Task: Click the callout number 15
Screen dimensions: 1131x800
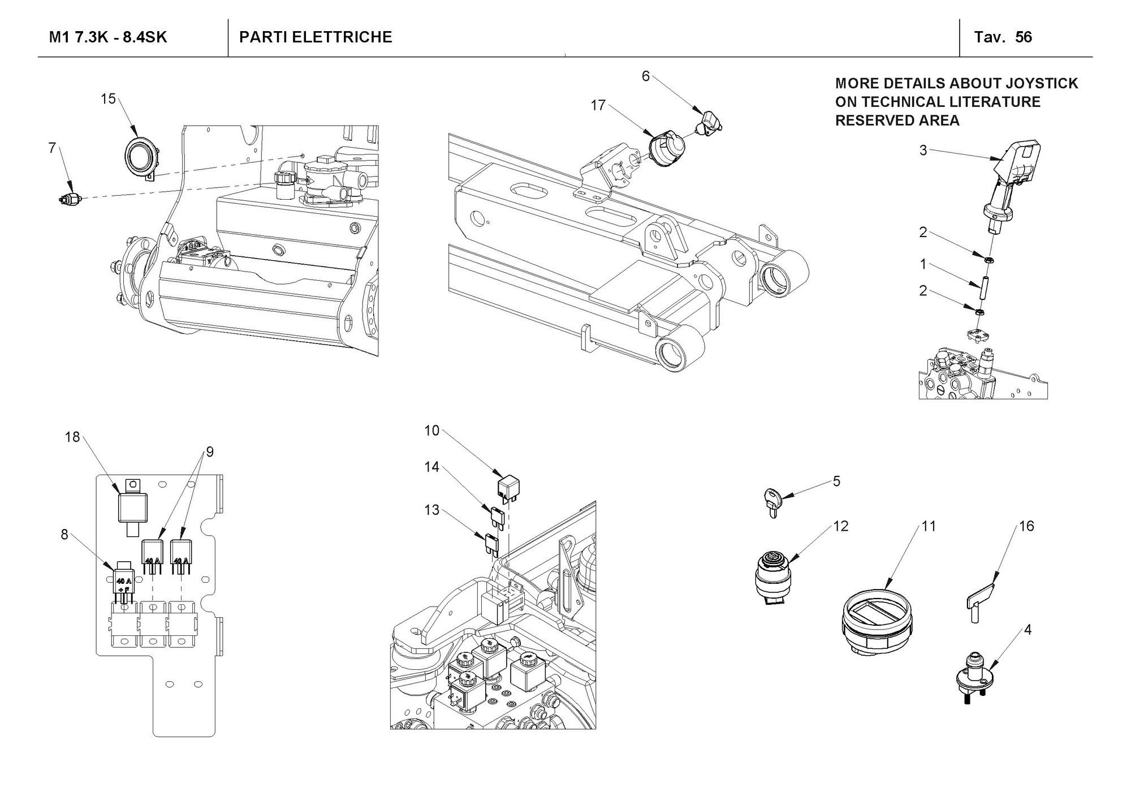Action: coord(108,99)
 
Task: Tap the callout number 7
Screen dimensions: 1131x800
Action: coord(52,148)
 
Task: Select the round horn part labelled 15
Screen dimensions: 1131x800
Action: coord(140,157)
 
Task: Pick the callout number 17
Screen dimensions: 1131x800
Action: coord(598,105)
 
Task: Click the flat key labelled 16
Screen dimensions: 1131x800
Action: coord(978,603)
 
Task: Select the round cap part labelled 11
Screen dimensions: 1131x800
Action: coord(876,621)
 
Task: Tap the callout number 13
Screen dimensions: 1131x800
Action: coord(431,510)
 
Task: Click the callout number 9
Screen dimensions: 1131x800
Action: coord(210,452)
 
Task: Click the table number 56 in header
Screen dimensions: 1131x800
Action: coord(1024,37)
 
